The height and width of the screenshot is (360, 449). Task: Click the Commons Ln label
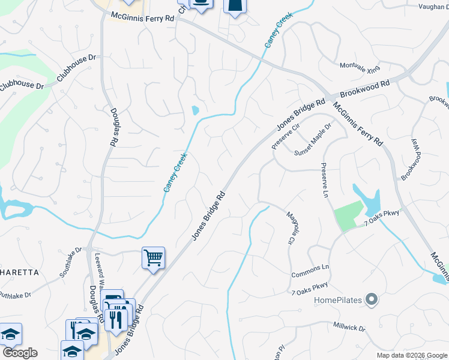coord(310,271)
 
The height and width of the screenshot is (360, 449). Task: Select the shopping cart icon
coord(154,258)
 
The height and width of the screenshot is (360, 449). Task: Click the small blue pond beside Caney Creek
coord(194,111)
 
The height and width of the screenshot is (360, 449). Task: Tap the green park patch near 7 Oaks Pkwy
coord(348,215)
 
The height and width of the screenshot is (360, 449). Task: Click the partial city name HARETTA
coord(19,272)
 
